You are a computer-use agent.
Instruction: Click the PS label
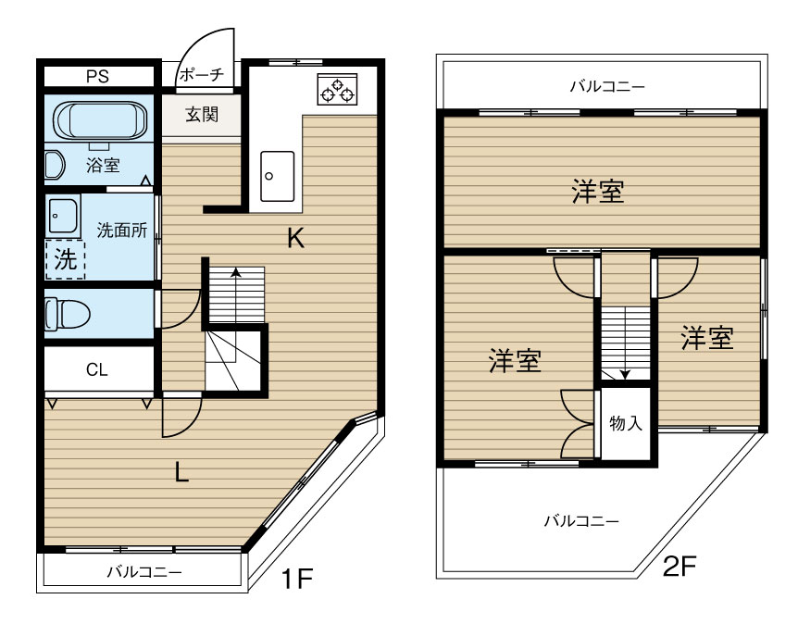pyautogui.click(x=97, y=76)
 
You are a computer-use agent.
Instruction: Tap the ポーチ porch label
pyautogui.click(x=200, y=74)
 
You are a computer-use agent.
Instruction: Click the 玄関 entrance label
pyautogui.click(x=201, y=117)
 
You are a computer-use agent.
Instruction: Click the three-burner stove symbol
pyautogui.click(x=335, y=90)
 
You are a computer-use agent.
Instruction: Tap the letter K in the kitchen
pyautogui.click(x=295, y=239)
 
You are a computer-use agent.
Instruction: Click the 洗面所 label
pyautogui.click(x=123, y=231)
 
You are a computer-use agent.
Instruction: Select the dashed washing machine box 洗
pyautogui.click(x=65, y=260)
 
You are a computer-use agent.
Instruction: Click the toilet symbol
pyautogui.click(x=67, y=313)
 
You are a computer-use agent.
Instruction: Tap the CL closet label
pyautogui.click(x=97, y=370)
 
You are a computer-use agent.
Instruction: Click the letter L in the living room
pyautogui.click(x=182, y=473)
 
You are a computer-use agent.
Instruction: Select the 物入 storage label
pyautogui.click(x=626, y=424)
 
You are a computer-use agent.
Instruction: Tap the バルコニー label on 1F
pyautogui.click(x=143, y=571)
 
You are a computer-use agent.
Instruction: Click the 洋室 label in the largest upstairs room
pyautogui.click(x=597, y=192)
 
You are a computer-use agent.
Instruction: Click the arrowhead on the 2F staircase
pyautogui.click(x=625, y=374)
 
